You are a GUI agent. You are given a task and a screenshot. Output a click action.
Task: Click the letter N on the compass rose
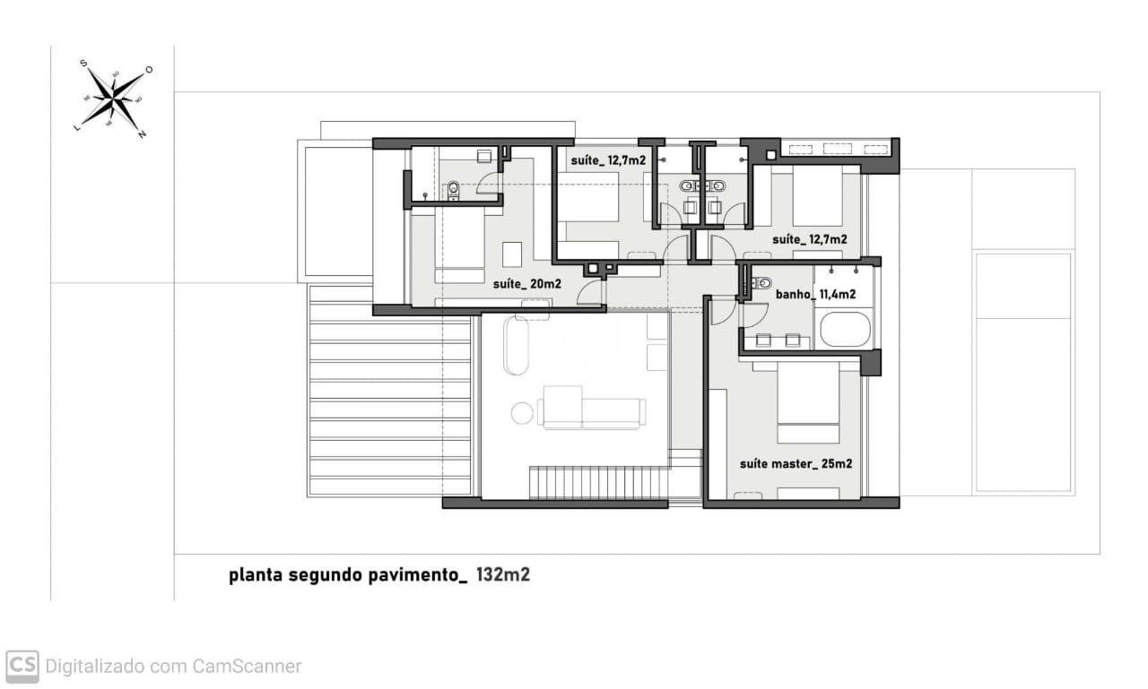pyautogui.click(x=142, y=134)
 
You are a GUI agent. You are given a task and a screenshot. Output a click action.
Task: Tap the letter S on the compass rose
pyautogui.click(x=83, y=64)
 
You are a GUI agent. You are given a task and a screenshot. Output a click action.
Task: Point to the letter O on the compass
pyautogui.click(x=149, y=70)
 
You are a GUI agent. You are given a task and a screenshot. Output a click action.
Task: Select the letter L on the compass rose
pyautogui.click(x=76, y=128)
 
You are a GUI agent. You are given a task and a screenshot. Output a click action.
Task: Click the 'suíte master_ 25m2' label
pyautogui.click(x=795, y=464)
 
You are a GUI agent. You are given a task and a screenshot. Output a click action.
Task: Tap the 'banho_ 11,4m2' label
pyautogui.click(x=814, y=294)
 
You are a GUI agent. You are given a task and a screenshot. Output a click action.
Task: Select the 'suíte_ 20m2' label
pyautogui.click(x=526, y=284)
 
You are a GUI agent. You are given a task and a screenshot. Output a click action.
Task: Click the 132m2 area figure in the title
pyautogui.click(x=502, y=574)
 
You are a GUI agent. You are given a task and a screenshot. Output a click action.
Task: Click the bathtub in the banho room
pyautogui.click(x=845, y=329)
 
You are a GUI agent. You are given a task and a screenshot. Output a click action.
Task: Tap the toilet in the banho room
pyautogui.click(x=756, y=283)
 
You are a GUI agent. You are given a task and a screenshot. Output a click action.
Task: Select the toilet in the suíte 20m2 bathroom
pyautogui.click(x=453, y=188)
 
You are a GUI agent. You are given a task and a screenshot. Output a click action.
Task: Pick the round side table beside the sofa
pyautogui.click(x=522, y=413)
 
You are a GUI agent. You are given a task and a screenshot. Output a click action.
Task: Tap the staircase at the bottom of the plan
pyautogui.click(x=598, y=483)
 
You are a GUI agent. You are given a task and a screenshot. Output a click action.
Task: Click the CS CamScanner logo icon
pyautogui.click(x=22, y=666)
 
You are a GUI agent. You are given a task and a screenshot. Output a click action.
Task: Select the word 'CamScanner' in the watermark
pyautogui.click(x=247, y=667)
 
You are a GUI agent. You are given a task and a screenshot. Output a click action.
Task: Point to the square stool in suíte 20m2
pyautogui.click(x=512, y=254)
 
